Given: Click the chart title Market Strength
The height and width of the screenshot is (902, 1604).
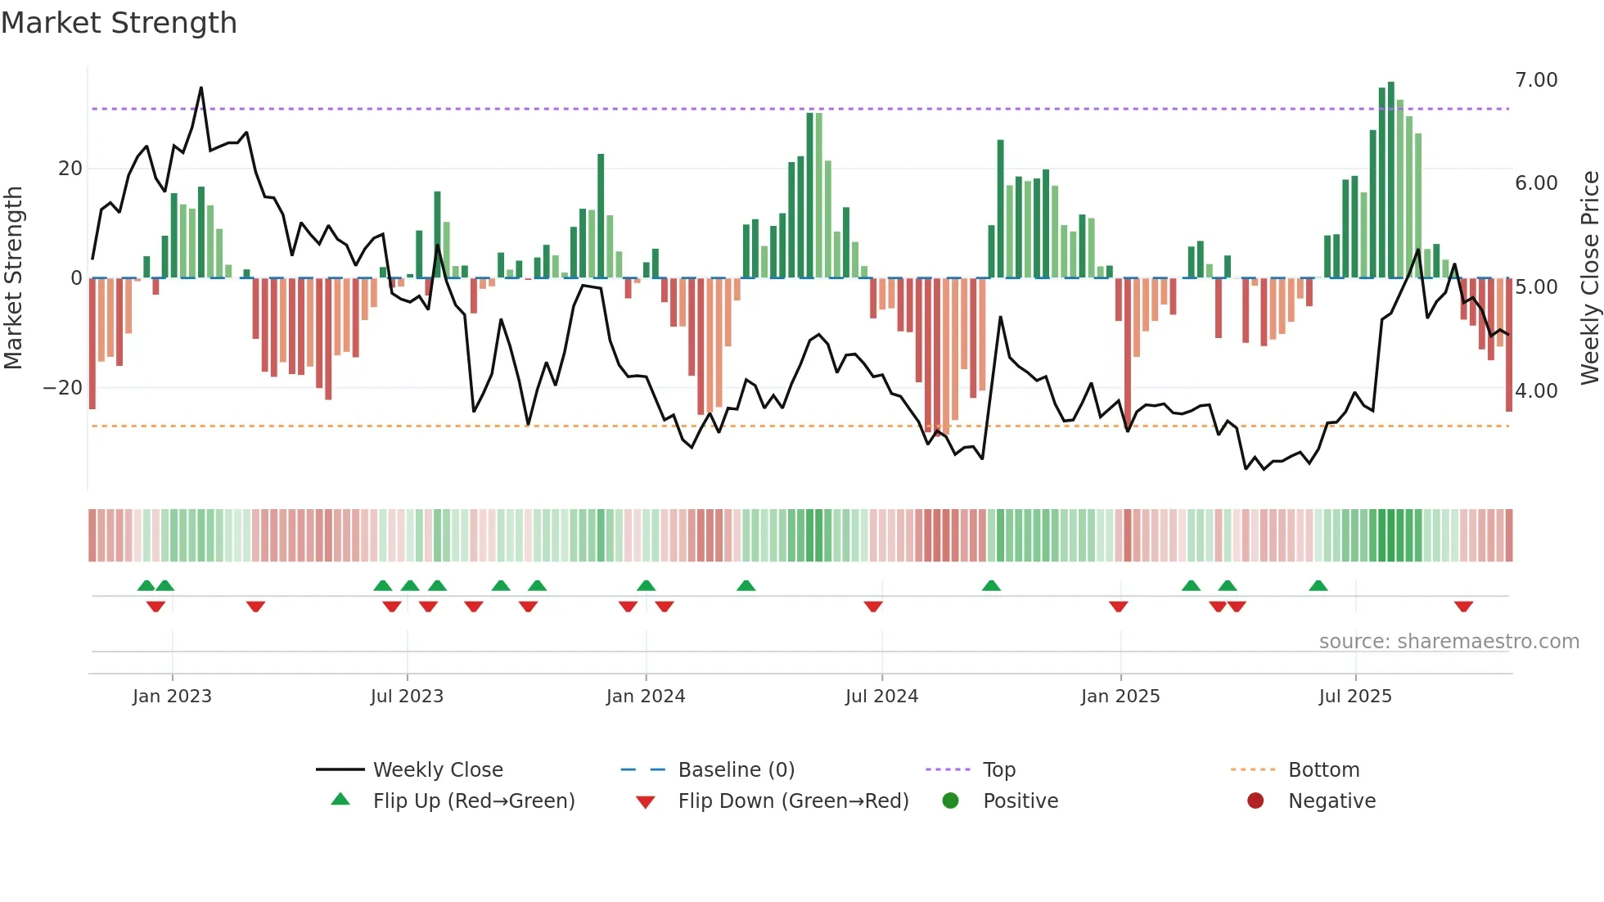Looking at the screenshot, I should (119, 23).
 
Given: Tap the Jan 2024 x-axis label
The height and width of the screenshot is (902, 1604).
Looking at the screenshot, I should (646, 697).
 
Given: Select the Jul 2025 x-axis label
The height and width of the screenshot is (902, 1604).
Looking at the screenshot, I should (1355, 697).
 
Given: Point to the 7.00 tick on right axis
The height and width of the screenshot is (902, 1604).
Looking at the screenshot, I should (1536, 80).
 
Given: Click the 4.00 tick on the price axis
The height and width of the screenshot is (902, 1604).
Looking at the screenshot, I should (1536, 391).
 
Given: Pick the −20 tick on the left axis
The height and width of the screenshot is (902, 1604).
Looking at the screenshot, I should (63, 388).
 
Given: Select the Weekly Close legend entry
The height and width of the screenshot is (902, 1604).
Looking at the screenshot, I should (438, 770).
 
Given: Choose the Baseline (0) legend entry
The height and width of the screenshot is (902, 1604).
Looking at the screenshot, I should (736, 770).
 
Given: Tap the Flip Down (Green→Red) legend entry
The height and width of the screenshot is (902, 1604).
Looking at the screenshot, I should (792, 801).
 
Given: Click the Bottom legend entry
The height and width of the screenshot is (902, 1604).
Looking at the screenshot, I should (1323, 770).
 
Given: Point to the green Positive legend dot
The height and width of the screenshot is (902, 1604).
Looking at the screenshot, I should (950, 801).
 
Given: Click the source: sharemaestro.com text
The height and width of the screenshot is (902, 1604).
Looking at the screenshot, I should (1449, 642).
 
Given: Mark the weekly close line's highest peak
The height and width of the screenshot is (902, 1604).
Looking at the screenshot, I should (201, 88).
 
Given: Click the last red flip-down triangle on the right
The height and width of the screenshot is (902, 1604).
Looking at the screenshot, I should (1464, 607).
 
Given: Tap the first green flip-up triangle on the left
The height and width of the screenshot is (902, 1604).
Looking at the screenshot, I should (146, 586).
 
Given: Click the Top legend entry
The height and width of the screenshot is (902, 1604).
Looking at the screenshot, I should (998, 770).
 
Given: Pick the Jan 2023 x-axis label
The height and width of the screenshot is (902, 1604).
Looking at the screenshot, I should (172, 697).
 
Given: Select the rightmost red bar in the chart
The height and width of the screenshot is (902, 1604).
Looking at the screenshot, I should (1509, 344).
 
